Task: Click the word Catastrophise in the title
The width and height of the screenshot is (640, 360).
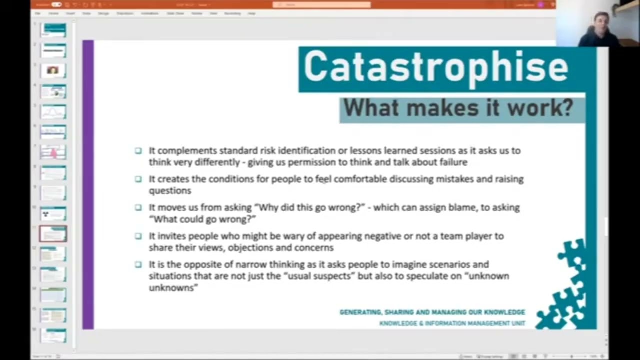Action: point(436,67)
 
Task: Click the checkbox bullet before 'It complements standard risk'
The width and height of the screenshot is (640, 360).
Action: point(138,150)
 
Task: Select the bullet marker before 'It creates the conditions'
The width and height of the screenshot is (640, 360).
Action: point(138,179)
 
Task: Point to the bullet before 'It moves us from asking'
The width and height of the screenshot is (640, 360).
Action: point(138,207)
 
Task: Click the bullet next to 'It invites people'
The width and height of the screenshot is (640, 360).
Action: point(138,236)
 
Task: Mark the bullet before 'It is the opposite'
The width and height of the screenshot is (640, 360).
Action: point(138,264)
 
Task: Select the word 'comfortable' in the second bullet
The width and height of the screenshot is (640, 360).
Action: point(360,179)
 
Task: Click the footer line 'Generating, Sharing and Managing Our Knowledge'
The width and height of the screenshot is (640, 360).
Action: point(432,312)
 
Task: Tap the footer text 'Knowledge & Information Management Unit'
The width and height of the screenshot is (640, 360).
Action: point(452,323)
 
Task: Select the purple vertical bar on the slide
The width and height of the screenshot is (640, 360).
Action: point(88,185)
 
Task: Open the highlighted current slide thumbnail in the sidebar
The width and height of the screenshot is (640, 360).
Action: point(53,233)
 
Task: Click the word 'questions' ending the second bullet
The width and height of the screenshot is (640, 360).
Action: point(170,190)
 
